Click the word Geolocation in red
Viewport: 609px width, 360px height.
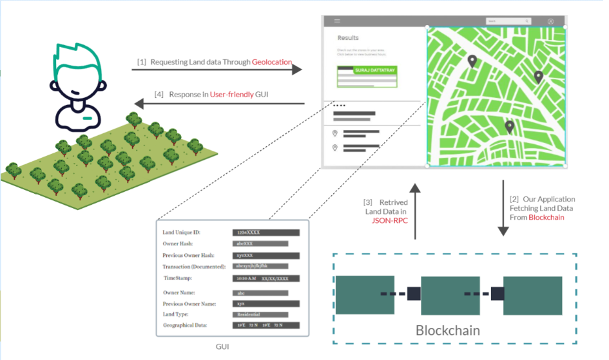tap(271, 62)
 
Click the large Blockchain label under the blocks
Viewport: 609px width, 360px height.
tap(448, 331)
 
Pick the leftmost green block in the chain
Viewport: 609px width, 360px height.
tap(365, 295)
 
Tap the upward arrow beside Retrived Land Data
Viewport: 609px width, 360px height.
tap(415, 213)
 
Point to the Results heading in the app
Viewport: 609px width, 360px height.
tap(348, 38)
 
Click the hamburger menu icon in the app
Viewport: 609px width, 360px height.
tap(337, 21)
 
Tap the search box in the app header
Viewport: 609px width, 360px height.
tap(503, 21)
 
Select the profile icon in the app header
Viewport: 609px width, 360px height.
tap(550, 21)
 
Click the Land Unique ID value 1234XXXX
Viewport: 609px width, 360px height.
tap(266, 232)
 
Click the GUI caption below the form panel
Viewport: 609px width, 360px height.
tap(223, 346)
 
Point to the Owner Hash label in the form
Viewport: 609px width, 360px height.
tap(180, 243)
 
